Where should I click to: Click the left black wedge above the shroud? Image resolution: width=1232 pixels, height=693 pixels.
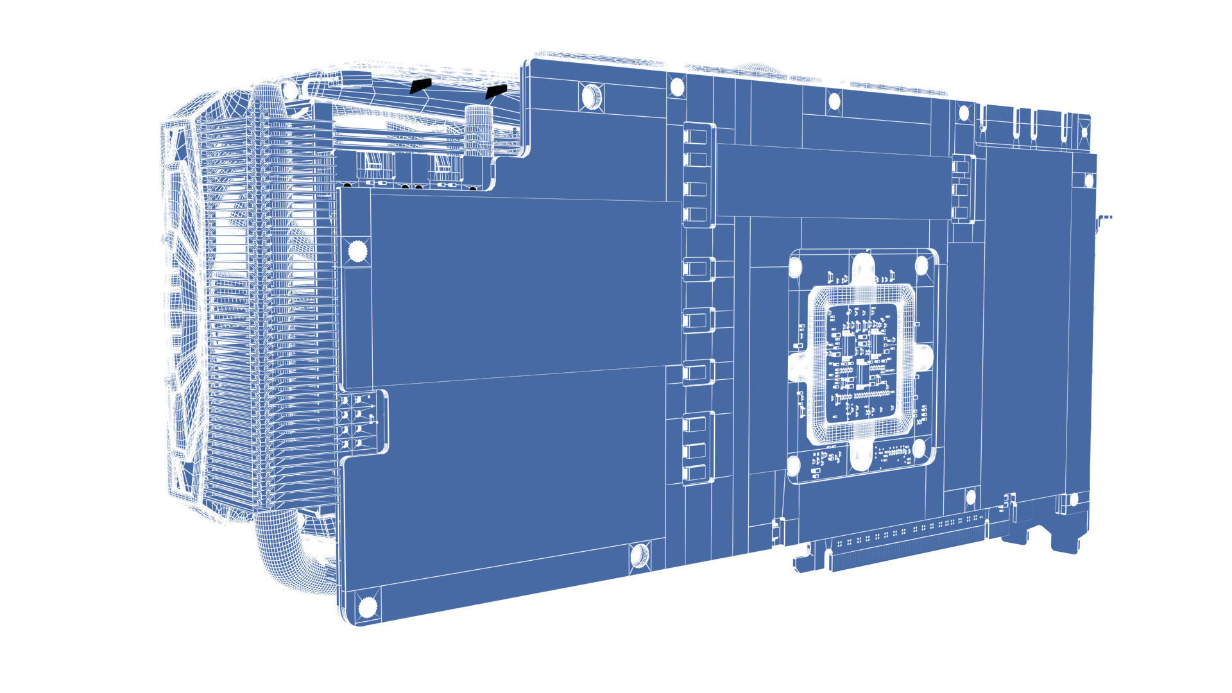[420, 86]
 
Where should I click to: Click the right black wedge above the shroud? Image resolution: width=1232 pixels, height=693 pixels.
[496, 91]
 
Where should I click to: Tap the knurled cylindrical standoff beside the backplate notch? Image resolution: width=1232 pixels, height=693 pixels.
[478, 132]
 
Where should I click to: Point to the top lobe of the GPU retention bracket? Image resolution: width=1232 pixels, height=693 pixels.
[862, 269]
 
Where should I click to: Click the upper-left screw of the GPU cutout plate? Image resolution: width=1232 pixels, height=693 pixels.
[796, 266]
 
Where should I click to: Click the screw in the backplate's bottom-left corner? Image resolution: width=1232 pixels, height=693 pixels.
[367, 606]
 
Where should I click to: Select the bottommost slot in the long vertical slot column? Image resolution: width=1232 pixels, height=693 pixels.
[697, 474]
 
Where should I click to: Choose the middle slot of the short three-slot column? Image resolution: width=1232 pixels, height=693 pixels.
[961, 189]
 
